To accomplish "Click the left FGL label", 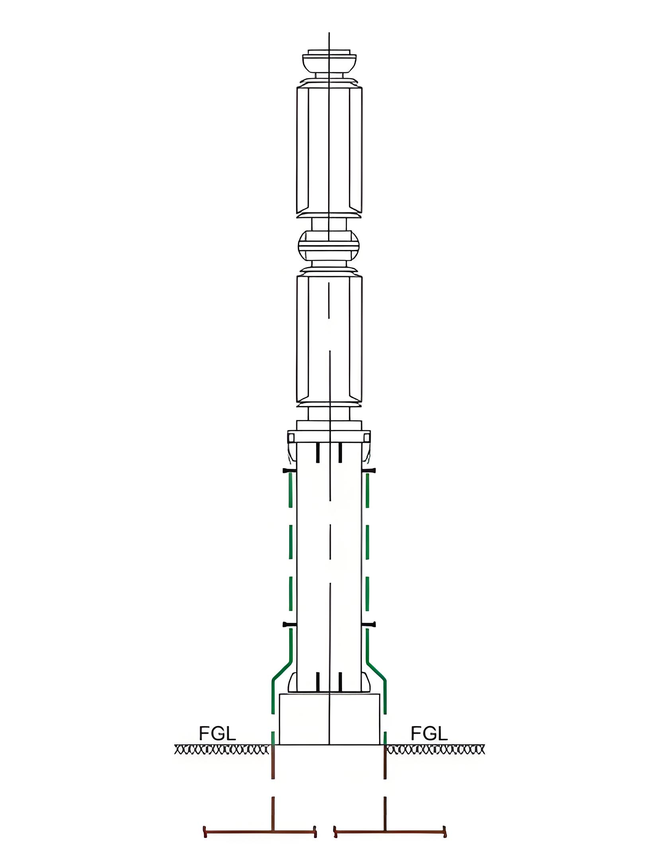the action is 217,733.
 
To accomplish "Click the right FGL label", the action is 429,733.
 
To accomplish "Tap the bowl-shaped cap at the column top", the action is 329,64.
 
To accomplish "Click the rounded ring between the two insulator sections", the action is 329,245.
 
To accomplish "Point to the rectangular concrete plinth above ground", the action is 330,719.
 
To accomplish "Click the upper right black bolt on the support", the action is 370,470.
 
